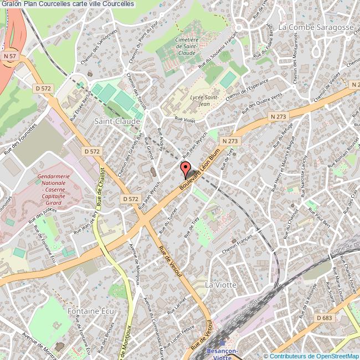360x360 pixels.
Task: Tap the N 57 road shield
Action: pos(8,56)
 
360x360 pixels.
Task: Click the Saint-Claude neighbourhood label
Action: pos(117,120)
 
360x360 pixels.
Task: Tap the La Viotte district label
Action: pos(221,284)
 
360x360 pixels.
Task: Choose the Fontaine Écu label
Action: pos(90,311)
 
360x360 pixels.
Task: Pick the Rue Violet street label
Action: pos(186,119)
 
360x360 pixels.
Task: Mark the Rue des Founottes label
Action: pos(20,138)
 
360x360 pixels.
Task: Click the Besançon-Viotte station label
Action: pos(221,353)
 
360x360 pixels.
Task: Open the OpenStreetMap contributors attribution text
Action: pos(312,356)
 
